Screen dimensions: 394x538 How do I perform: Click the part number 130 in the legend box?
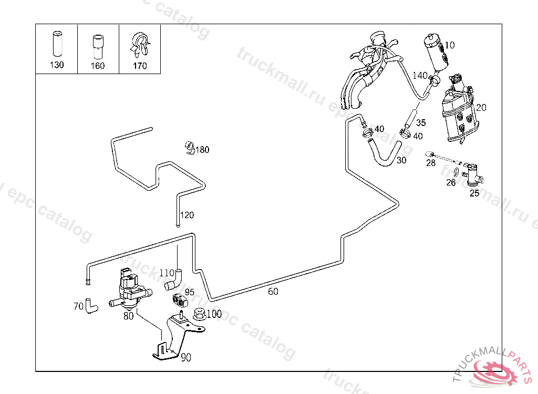pos(56,65)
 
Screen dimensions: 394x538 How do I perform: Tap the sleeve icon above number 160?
pos(97,47)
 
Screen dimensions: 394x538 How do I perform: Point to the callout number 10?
pos(450,45)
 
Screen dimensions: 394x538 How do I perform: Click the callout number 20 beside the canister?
pos(481,108)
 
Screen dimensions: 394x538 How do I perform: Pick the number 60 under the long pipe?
pos(273,292)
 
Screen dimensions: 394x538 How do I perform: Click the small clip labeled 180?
pos(190,149)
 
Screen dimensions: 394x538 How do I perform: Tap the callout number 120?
pos(187,215)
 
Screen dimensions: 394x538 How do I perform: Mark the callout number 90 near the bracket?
pos(186,358)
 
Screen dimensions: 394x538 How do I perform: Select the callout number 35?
pos(421,123)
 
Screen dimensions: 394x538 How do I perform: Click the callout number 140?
pos(420,76)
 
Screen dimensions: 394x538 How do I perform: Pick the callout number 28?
pos(431,163)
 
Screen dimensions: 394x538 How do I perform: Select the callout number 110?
pos(166,273)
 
